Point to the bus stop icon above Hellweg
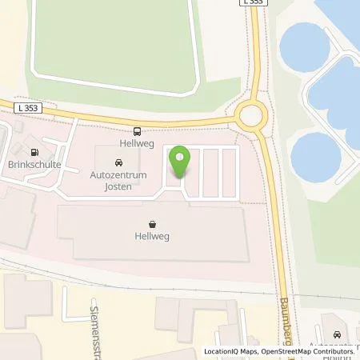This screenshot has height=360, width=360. coord(138,131)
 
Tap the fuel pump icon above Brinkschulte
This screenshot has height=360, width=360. coord(33,153)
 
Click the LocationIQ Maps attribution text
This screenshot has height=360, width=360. coord(232,351)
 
